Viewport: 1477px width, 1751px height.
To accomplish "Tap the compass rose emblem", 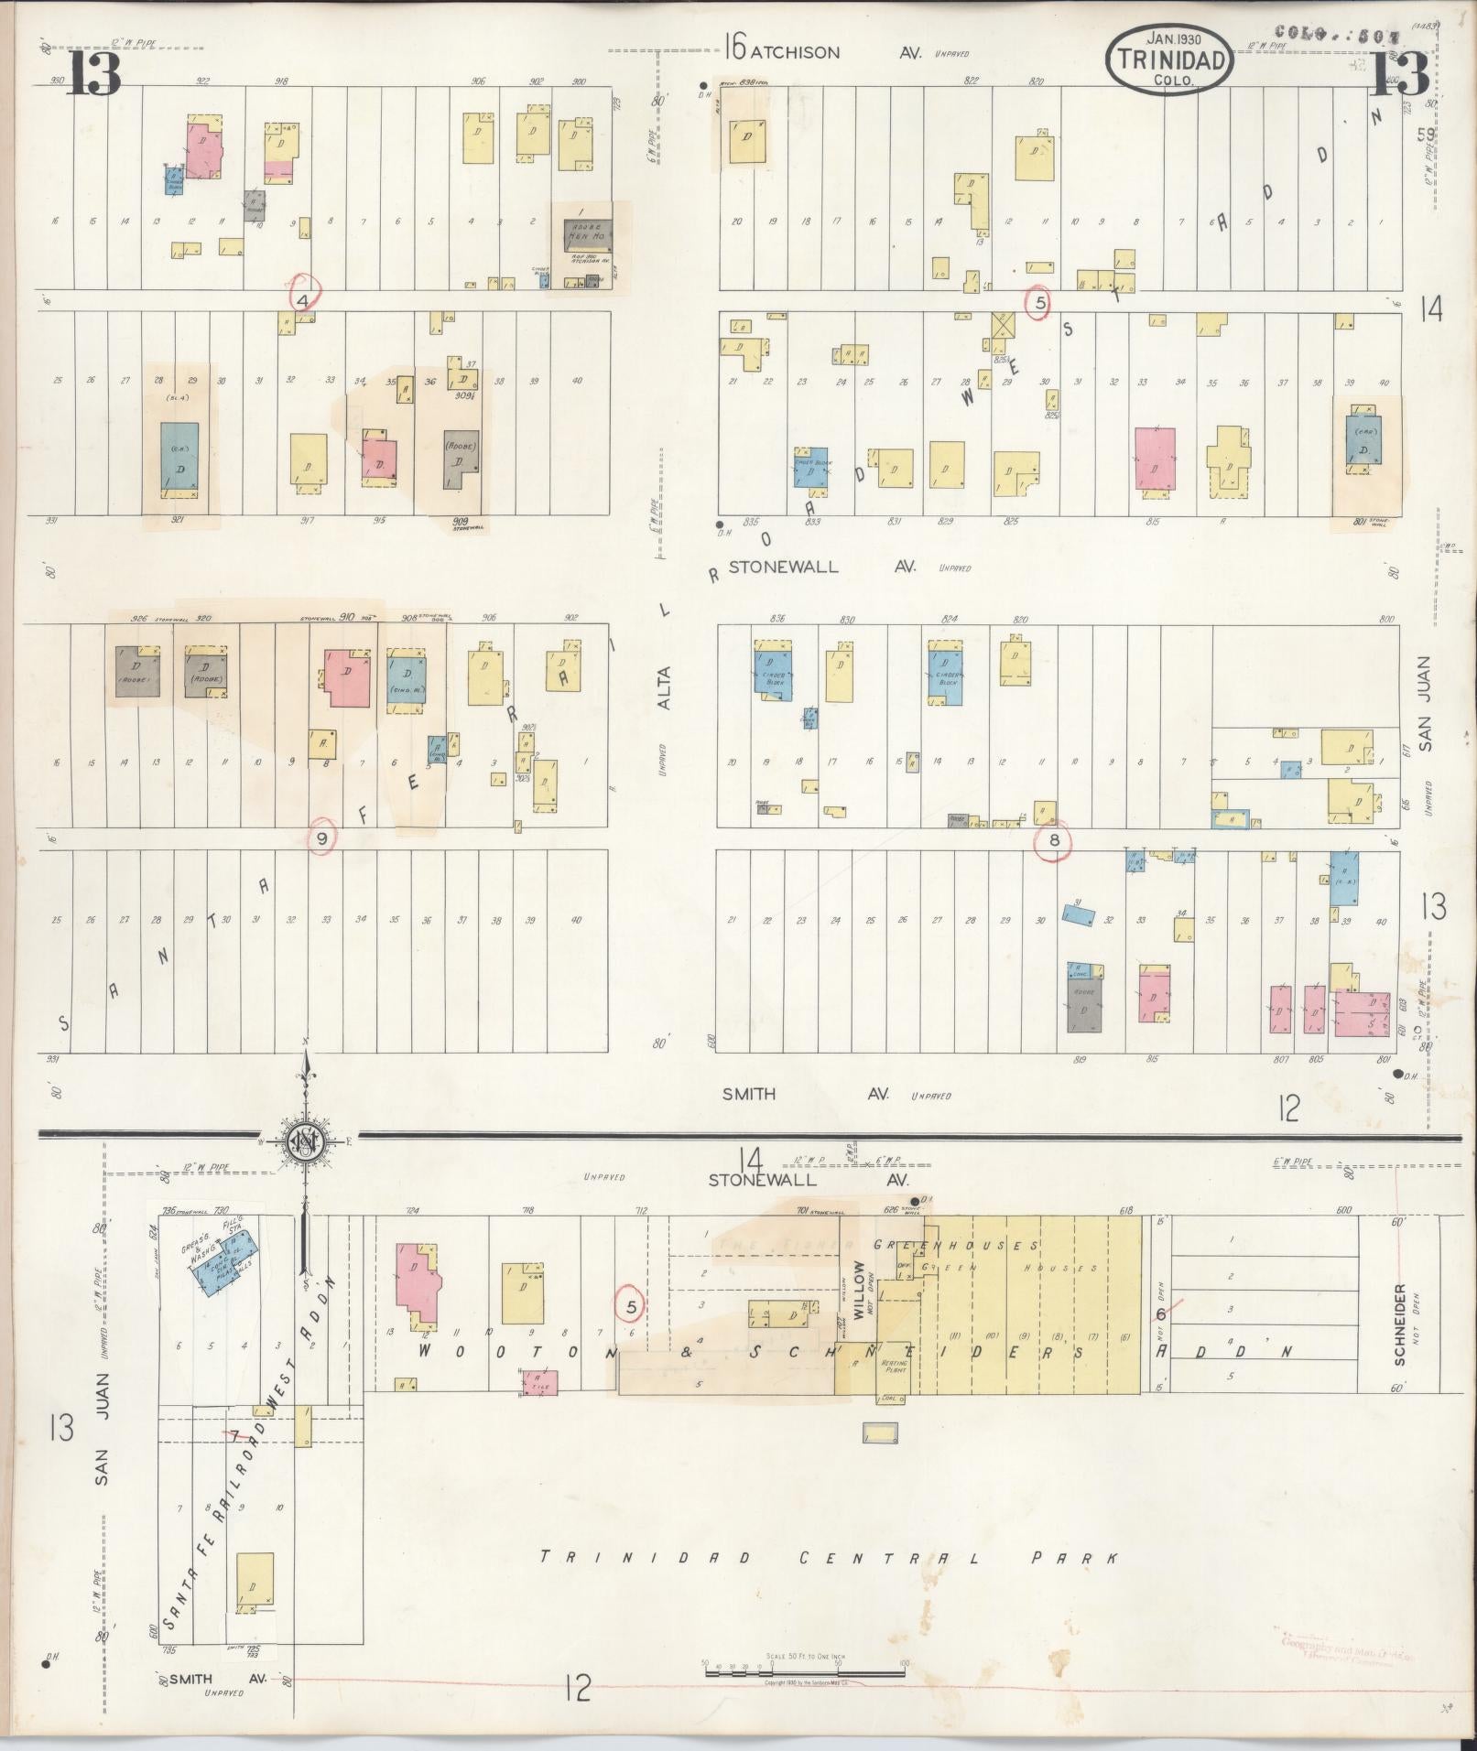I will click(x=301, y=1140).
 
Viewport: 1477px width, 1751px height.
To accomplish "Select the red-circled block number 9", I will click(x=320, y=838).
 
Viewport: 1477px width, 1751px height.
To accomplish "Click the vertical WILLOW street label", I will click(x=858, y=1290).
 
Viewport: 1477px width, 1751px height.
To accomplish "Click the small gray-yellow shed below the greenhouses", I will click(x=880, y=1433).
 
